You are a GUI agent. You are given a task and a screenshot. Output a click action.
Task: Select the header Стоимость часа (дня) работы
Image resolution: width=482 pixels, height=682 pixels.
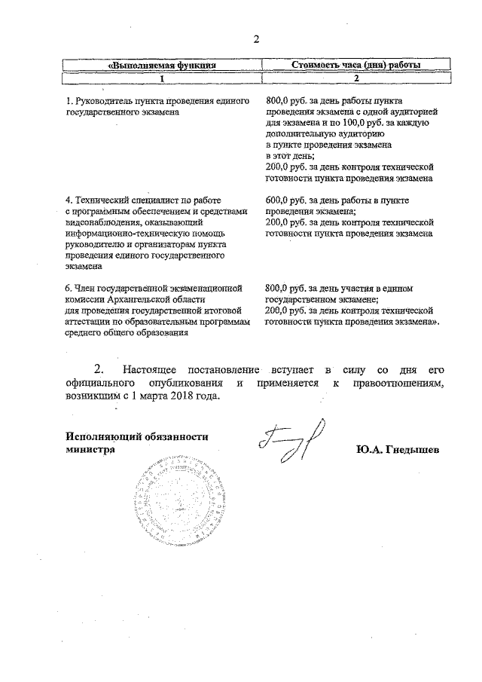pos(356,66)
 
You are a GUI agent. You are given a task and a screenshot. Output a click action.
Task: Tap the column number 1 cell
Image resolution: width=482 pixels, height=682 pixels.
pos(163,78)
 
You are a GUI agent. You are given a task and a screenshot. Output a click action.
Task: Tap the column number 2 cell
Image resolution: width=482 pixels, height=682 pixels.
pos(356,78)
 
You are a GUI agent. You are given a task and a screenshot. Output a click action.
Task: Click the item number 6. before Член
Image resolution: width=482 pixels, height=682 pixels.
pos(69,288)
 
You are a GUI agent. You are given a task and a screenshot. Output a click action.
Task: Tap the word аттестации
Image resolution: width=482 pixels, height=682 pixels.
pos(90,322)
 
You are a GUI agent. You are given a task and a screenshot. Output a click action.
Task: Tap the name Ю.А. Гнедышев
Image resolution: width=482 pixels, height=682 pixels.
pos(398,449)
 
